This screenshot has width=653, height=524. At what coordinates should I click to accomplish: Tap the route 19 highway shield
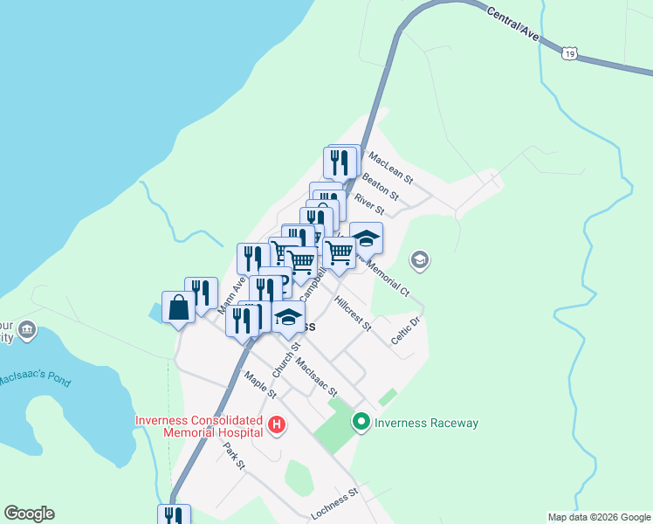click(x=569, y=54)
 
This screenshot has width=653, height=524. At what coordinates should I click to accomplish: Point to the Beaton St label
click(x=380, y=184)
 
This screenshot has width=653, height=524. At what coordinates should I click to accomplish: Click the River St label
click(x=368, y=203)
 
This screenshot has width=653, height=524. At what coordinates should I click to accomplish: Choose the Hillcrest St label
click(x=353, y=314)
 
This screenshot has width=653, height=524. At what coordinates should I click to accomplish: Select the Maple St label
click(x=260, y=383)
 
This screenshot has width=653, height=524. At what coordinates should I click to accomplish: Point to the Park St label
click(x=234, y=455)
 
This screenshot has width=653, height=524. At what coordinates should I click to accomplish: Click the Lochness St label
click(x=335, y=505)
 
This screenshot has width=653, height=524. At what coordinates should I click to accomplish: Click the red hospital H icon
click(x=277, y=426)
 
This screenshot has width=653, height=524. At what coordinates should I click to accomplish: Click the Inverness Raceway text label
click(x=426, y=424)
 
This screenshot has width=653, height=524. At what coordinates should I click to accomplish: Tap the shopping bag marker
click(x=178, y=307)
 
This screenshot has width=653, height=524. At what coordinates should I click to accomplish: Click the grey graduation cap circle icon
click(x=420, y=260)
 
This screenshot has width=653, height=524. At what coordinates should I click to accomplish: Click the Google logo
click(x=29, y=514)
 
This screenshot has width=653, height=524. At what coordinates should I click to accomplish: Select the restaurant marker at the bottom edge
click(x=174, y=515)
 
